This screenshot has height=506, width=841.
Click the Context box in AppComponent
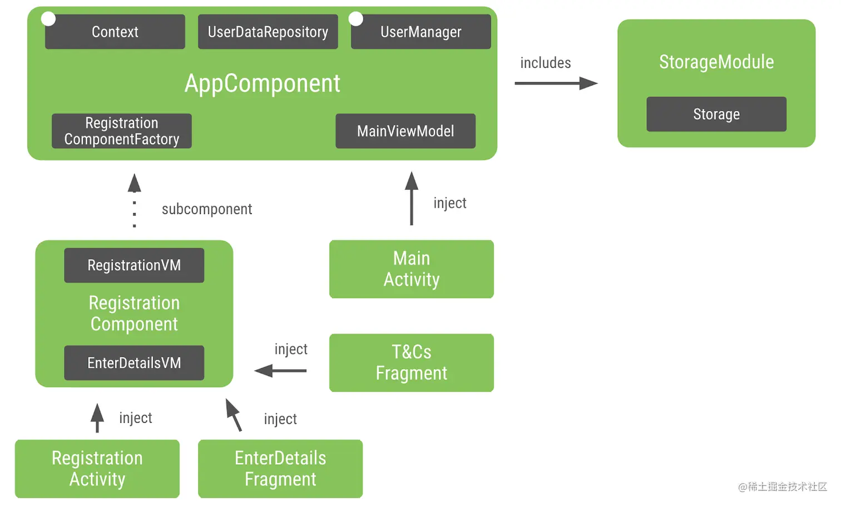(x=115, y=32)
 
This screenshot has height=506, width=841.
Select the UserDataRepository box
(x=268, y=32)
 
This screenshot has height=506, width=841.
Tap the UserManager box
(x=420, y=32)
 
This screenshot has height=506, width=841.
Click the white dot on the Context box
(x=48, y=19)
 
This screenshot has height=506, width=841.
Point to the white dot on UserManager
(x=356, y=19)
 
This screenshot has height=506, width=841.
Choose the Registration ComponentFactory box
(x=121, y=131)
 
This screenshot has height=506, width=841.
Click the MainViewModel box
(x=405, y=131)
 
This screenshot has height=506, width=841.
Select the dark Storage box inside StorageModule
(x=716, y=115)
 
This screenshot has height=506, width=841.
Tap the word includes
(x=545, y=63)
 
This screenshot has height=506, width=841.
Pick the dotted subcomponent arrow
(x=135, y=200)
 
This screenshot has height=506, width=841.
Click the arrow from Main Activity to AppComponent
(x=412, y=198)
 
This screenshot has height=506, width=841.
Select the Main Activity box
(x=411, y=269)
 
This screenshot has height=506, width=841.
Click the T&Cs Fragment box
(x=411, y=362)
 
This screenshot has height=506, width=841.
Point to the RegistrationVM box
(x=134, y=266)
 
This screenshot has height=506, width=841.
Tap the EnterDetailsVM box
(x=134, y=363)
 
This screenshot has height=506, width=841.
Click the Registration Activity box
(x=97, y=469)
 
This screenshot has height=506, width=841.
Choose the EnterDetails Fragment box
(x=280, y=469)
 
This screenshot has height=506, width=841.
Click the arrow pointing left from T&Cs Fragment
(x=280, y=370)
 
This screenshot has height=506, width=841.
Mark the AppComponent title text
(x=262, y=83)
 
